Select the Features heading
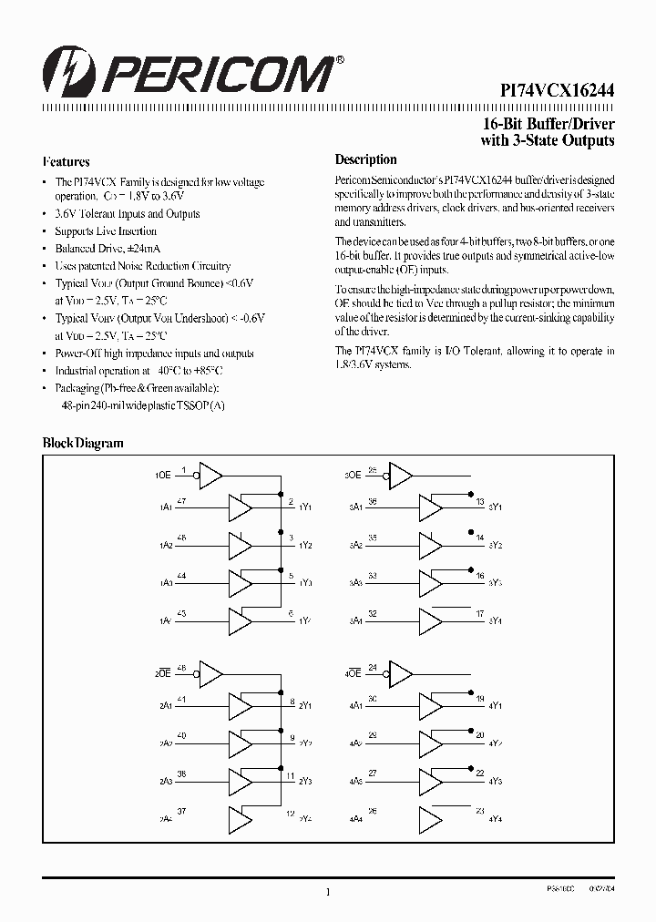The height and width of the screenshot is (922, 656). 67,161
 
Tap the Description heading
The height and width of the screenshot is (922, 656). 366,159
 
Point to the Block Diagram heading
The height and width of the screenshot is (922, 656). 83,443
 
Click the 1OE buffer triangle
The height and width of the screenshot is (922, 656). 210,475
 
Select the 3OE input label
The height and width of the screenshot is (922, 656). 354,476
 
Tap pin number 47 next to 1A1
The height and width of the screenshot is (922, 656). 182,500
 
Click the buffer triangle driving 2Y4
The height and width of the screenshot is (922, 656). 240,820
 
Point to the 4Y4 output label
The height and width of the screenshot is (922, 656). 497,820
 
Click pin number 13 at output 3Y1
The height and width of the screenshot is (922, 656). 480,500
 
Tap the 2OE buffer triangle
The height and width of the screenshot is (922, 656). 210,674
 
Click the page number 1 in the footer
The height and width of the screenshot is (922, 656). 327,894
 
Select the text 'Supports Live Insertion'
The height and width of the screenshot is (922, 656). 106,231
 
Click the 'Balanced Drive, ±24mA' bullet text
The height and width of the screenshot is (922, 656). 104,249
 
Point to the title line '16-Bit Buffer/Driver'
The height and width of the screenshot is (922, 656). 548,124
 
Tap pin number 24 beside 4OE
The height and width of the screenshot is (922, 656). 373,669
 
